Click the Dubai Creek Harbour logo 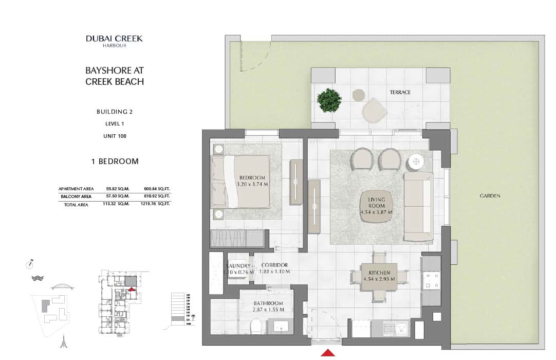coord(114,41)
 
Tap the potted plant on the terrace coord(329,100)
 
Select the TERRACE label coord(400,93)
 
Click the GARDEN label coord(490,195)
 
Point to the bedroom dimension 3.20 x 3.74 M coord(252,184)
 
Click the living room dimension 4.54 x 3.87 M coord(376,212)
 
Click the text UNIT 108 coord(115,136)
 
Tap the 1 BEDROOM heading coord(115,161)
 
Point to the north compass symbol coord(30,264)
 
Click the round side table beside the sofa coord(415,163)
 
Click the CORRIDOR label coord(274,265)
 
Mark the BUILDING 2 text coord(115,112)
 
